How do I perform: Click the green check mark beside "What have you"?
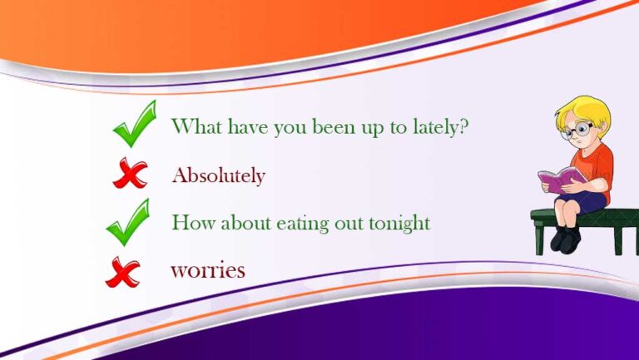(135, 124)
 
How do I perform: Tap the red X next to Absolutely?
(130, 174)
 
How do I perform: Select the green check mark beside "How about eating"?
(128, 222)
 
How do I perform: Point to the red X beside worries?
(122, 272)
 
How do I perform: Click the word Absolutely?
(219, 176)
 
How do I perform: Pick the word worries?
(208, 271)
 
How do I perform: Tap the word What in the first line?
(196, 126)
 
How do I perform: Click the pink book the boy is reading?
(562, 180)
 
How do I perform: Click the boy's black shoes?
(565, 239)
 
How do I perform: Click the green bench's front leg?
(539, 239)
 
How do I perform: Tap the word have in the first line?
(248, 126)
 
